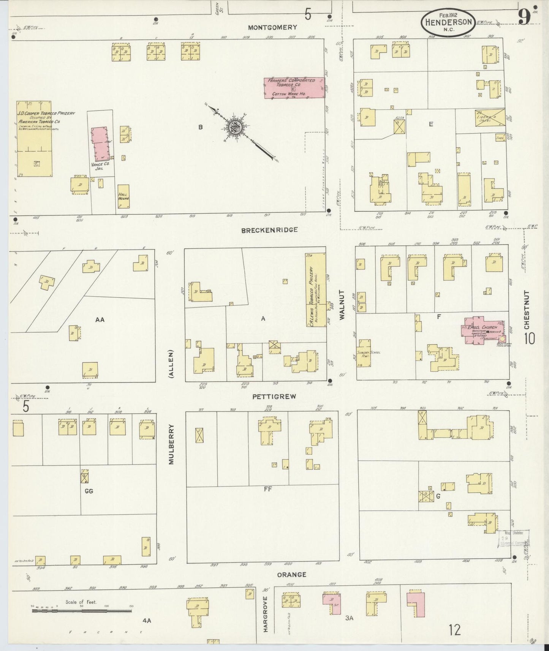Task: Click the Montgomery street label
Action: point(272,27)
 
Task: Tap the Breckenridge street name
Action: point(269,230)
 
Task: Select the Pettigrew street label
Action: point(274,397)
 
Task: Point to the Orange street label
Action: point(291,575)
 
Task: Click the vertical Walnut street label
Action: point(342,305)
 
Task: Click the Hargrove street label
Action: point(266,619)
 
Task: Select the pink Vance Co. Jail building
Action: point(101,144)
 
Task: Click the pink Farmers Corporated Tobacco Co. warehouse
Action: point(294,88)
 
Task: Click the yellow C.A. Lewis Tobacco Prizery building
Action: point(315,290)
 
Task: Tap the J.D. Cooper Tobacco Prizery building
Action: point(34,139)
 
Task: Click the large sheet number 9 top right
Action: point(524,17)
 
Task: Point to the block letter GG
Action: point(89,491)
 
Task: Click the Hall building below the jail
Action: point(123,196)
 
